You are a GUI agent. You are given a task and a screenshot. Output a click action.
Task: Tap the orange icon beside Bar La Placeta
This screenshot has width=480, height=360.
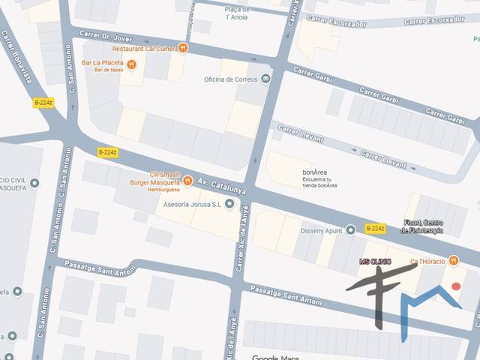click(132, 64)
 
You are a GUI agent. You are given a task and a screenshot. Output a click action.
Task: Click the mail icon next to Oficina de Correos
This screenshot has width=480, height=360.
click(265, 78)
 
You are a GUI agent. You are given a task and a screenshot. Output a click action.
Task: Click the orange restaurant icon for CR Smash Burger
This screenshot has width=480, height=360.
click(187, 180)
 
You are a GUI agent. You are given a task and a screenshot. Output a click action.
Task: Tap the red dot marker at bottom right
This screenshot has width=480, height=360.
click(455, 286)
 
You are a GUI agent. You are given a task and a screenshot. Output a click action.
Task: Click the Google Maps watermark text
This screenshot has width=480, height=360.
click(276, 357)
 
